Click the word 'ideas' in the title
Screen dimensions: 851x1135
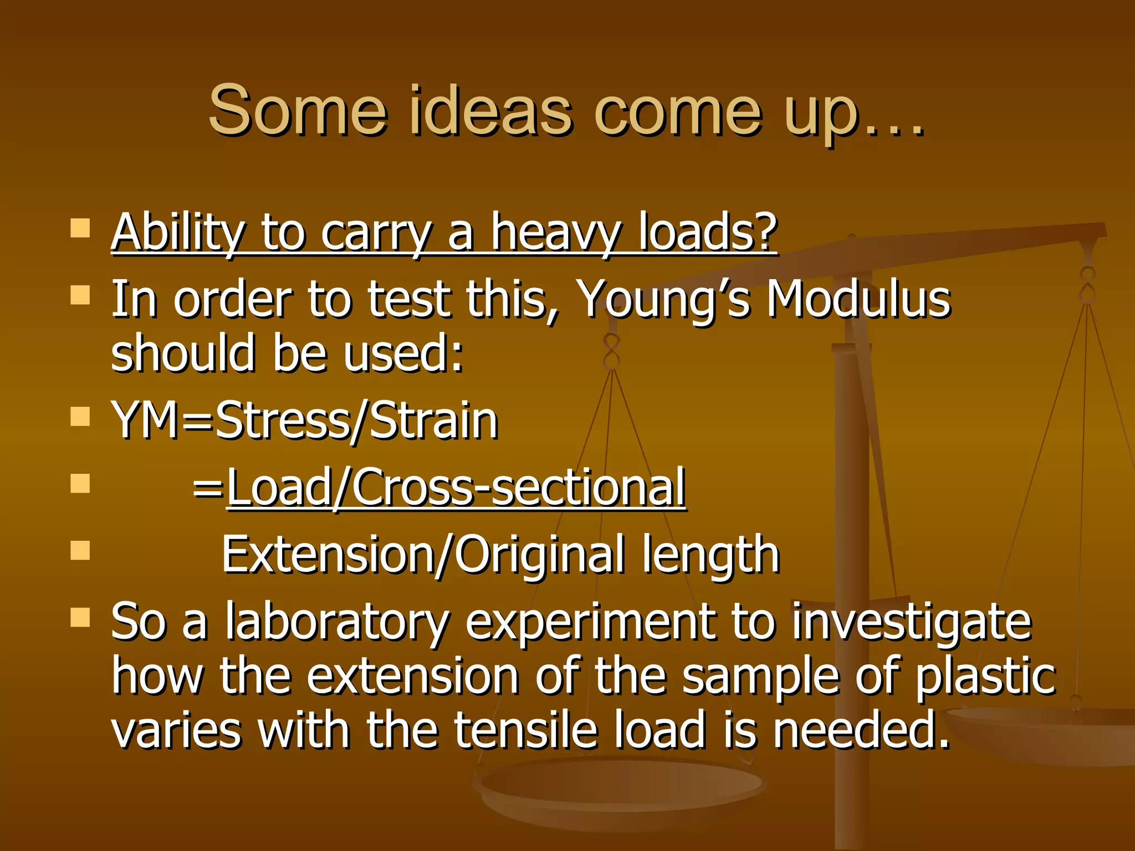pos(490,111)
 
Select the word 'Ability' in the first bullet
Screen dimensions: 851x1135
pos(177,233)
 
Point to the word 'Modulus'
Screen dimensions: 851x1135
pos(858,300)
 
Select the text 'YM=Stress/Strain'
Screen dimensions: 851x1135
pos(305,421)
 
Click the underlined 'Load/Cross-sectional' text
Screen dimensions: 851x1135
pos(456,488)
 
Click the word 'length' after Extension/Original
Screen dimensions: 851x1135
pos(711,555)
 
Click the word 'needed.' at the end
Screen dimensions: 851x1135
pos(861,730)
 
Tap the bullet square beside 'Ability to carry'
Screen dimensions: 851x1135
pos(81,228)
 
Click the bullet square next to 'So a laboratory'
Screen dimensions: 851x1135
pos(81,617)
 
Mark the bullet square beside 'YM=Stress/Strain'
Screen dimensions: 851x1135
pos(81,417)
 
